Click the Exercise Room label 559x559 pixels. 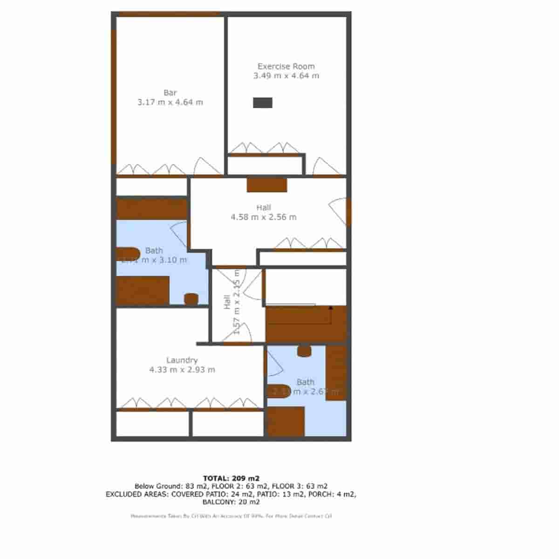point(286,66)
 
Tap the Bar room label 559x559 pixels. point(170,93)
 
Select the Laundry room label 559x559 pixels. point(182,360)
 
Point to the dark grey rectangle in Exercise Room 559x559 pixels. point(262,103)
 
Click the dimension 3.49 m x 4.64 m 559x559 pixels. point(286,76)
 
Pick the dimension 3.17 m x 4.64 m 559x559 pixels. point(170,102)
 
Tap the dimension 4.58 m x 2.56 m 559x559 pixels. point(264,217)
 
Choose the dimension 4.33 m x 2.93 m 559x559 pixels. point(182,370)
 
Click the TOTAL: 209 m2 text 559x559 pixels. point(231,478)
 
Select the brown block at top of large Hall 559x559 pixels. point(266,185)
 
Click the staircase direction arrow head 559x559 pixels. point(331,308)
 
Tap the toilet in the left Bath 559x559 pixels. point(191,299)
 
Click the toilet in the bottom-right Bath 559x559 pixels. point(304,351)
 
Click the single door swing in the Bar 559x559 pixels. point(208,166)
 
